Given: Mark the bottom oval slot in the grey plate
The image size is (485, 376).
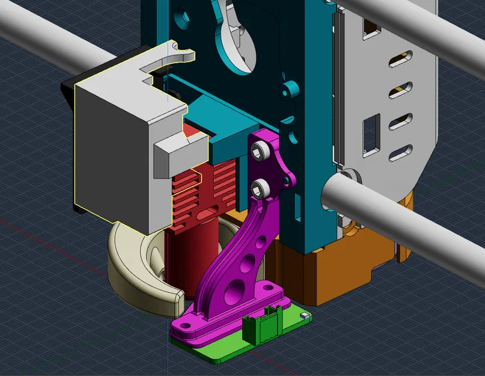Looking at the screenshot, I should click(x=400, y=153).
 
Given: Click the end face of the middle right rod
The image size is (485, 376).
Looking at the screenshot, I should click(x=337, y=198).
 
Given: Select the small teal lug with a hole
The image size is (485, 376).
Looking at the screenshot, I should click(x=291, y=90).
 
